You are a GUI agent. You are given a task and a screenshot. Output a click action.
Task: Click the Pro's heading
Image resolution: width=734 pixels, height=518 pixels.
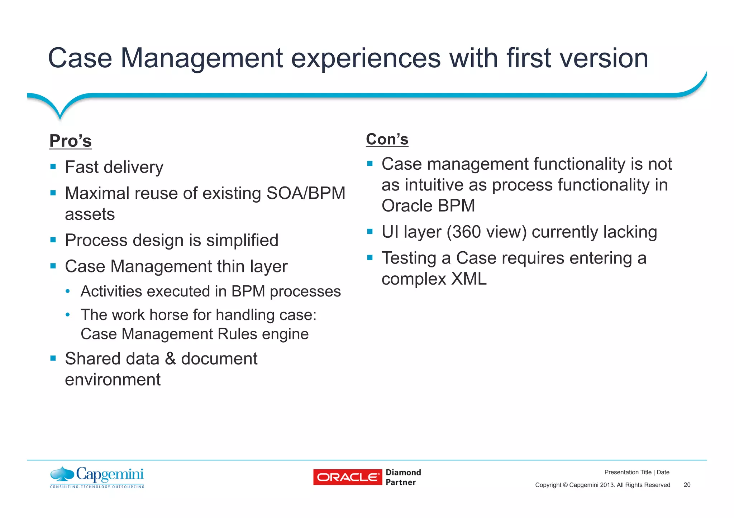pyautogui.click(x=71, y=141)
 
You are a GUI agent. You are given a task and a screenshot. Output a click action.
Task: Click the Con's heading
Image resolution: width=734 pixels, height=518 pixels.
pyautogui.click(x=387, y=139)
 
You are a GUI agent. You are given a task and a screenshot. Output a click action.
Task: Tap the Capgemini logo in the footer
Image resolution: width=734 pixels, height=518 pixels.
pyautogui.click(x=97, y=477)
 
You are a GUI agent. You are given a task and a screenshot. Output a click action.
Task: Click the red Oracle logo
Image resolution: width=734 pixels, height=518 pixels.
pyautogui.click(x=347, y=477)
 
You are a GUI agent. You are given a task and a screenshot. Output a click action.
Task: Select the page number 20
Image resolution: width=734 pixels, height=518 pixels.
pyautogui.click(x=687, y=485)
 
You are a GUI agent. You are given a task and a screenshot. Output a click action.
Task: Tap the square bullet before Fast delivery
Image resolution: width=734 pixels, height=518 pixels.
pyautogui.click(x=53, y=166)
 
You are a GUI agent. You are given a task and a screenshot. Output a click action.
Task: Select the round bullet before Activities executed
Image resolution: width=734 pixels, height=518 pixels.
pyautogui.click(x=68, y=291)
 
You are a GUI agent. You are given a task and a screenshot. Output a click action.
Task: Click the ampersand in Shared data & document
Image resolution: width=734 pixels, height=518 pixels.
pyautogui.click(x=170, y=359)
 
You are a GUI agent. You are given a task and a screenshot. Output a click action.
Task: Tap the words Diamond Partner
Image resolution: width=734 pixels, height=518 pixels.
pyautogui.click(x=403, y=477)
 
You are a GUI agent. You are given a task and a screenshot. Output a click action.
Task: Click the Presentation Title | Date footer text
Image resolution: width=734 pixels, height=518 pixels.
pyautogui.click(x=637, y=472)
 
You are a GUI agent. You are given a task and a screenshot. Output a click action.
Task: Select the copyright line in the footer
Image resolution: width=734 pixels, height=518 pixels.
pyautogui.click(x=602, y=485)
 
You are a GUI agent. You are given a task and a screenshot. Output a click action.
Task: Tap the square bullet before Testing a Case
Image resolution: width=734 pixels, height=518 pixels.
pyautogui.click(x=370, y=257)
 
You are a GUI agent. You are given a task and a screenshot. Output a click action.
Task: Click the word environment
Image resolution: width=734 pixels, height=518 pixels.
pyautogui.click(x=113, y=379)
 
